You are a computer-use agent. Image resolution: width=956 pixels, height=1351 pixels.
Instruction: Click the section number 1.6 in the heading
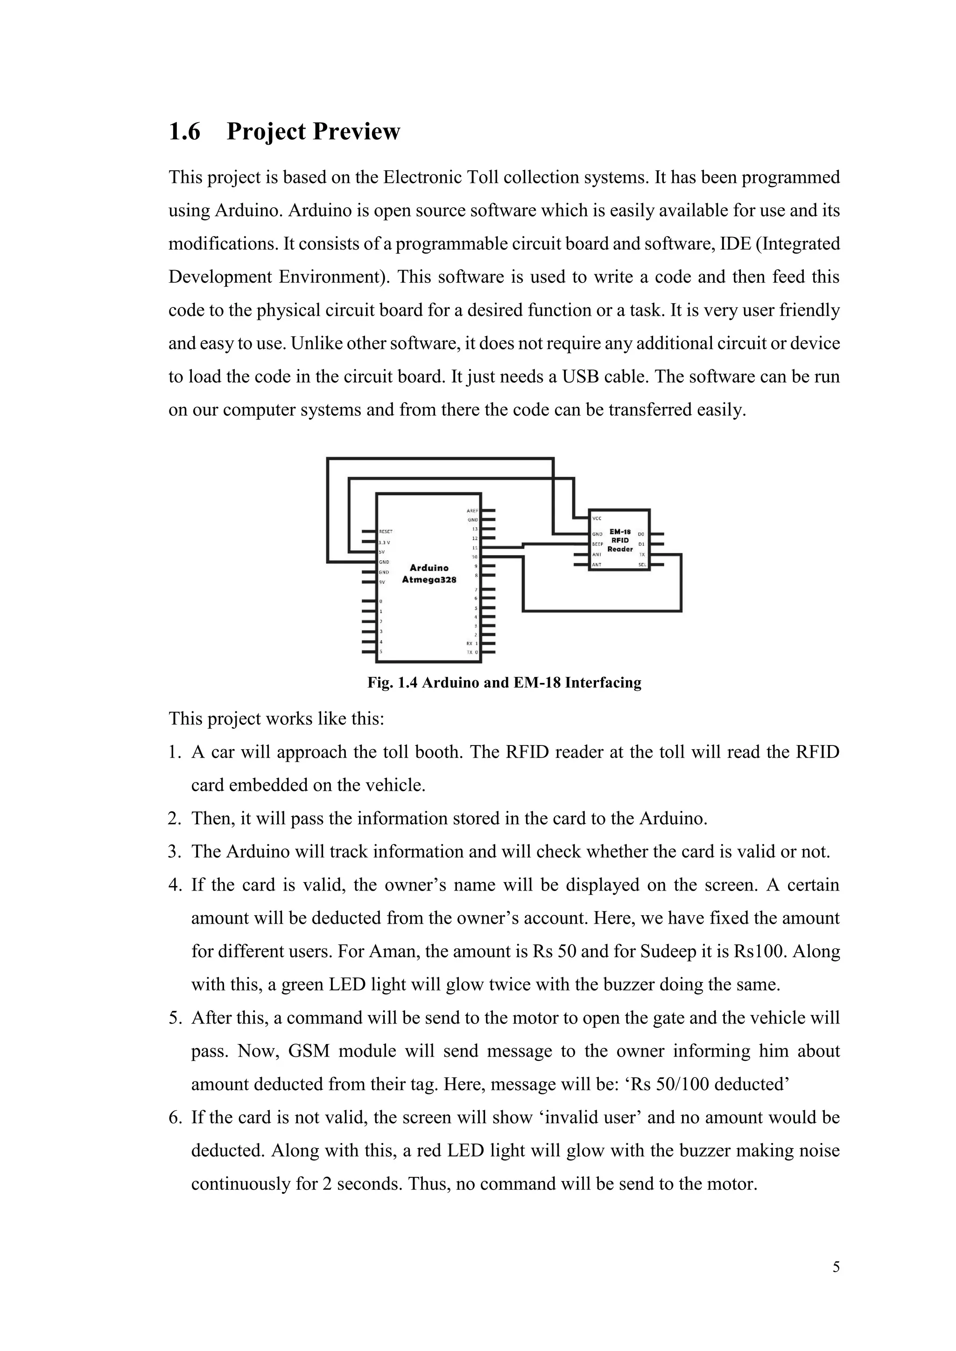[184, 131]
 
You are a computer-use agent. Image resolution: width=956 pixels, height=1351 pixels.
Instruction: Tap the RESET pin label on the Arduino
[386, 531]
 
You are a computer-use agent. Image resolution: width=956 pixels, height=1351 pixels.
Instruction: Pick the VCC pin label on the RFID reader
[597, 518]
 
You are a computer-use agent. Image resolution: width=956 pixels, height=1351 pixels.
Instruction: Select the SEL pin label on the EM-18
[642, 565]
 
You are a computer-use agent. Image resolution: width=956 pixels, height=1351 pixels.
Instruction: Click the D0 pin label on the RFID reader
[641, 534]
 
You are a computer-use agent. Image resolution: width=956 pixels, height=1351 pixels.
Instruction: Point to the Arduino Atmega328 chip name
[429, 574]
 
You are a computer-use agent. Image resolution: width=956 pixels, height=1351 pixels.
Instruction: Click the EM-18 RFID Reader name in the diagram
[620, 540]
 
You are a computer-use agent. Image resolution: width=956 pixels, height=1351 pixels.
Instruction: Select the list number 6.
[175, 1117]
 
